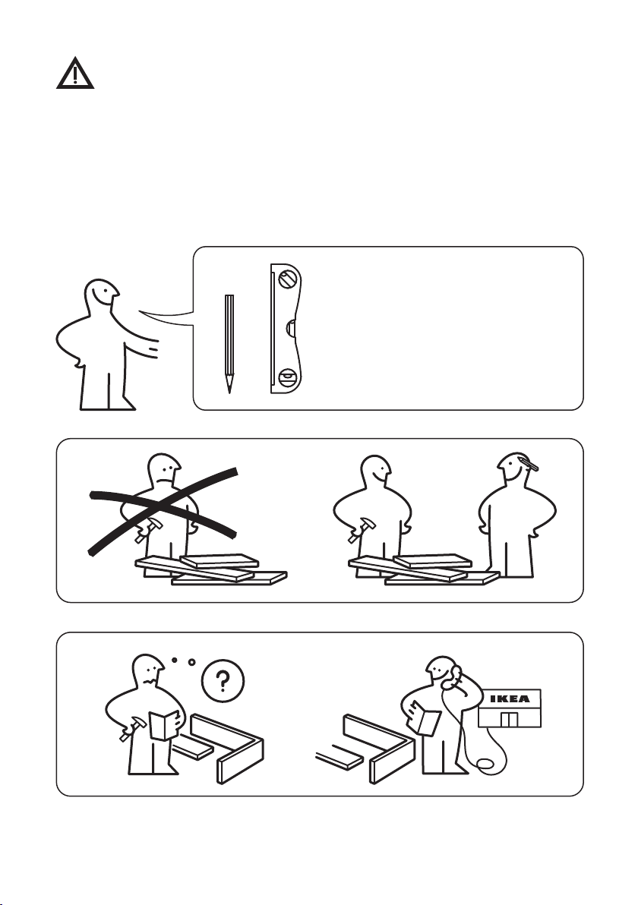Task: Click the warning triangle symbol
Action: (x=75, y=74)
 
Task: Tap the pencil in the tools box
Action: (x=229, y=344)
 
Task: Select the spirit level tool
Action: (x=286, y=329)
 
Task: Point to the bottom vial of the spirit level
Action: (x=287, y=378)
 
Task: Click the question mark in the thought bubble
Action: (x=223, y=682)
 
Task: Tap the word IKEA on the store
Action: (x=510, y=699)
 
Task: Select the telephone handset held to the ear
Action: (x=451, y=677)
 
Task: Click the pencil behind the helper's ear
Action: (x=529, y=462)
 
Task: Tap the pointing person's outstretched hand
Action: (x=151, y=348)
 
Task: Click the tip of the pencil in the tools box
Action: (x=229, y=393)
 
